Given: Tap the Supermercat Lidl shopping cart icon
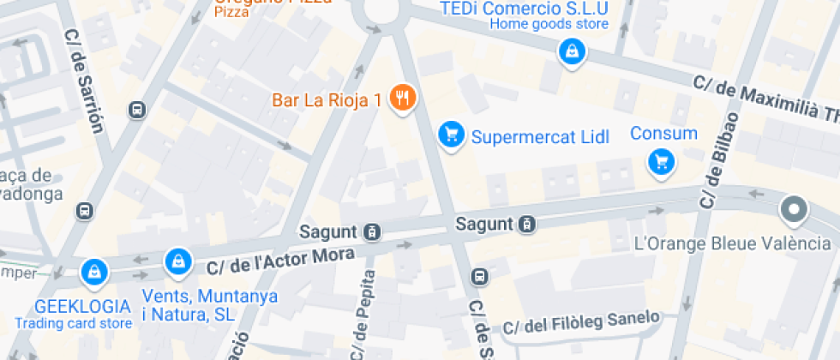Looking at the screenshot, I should coord(451,135).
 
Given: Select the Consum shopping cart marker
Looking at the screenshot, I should coord(661,160).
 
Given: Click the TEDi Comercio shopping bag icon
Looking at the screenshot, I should coord(570,53).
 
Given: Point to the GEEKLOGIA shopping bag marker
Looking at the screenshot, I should coord(93,273).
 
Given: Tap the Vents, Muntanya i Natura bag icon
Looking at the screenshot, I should coord(177,260).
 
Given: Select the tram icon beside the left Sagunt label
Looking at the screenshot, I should coord(372,231).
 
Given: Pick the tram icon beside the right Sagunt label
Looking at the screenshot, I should coord(528,225).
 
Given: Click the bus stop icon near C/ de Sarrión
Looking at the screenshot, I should coord(135,110).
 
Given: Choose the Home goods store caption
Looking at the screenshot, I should coord(549,24).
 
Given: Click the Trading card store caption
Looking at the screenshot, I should coord(74,323).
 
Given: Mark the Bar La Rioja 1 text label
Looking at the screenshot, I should coord(327,99).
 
